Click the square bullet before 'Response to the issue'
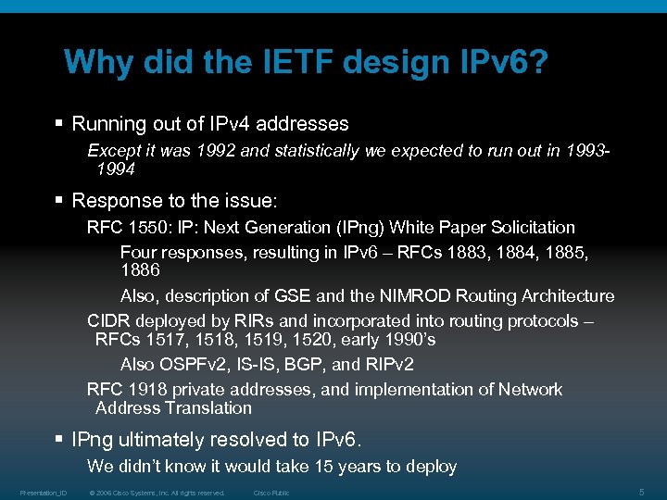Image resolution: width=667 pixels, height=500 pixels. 59,200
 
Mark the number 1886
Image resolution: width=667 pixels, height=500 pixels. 140,270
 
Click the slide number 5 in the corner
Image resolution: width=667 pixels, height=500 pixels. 642,491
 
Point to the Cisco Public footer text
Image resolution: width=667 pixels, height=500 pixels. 271,493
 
